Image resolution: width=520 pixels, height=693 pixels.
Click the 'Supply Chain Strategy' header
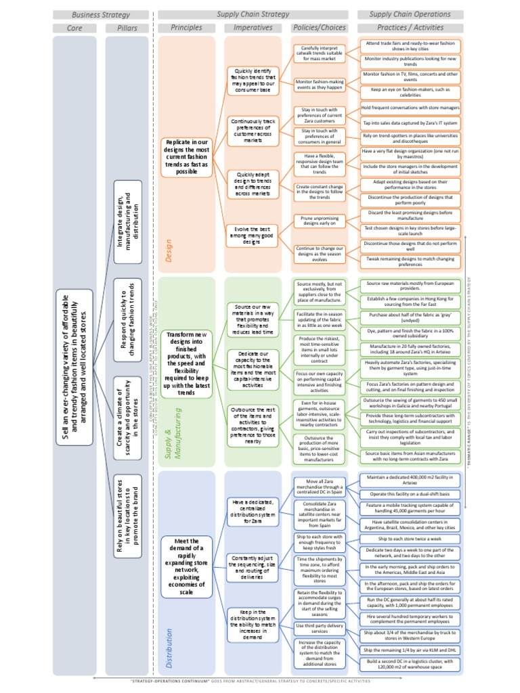253,14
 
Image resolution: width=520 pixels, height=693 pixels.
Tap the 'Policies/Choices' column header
319,28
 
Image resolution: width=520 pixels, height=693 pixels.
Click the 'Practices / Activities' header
410,28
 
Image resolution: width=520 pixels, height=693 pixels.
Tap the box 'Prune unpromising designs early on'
319,221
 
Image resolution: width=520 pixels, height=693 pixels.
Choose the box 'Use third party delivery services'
319,629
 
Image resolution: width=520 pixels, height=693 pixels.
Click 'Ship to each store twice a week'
410,538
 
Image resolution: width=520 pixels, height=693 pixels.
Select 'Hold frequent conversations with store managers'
410,107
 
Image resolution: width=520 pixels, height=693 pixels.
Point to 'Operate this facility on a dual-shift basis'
410,495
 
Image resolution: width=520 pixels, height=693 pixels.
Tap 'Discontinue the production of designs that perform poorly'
410,200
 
